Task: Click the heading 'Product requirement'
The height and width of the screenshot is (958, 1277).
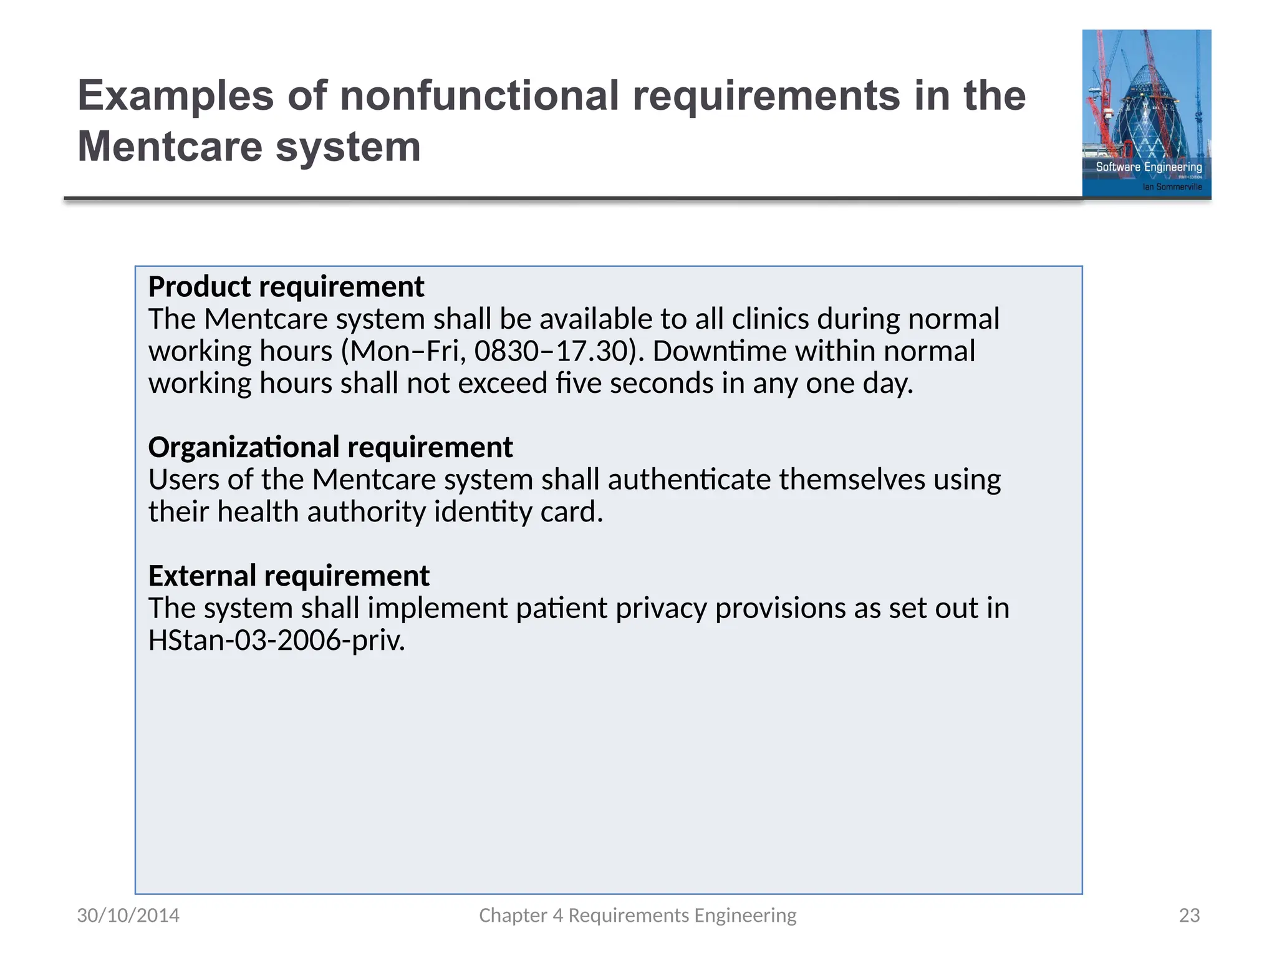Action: (x=286, y=287)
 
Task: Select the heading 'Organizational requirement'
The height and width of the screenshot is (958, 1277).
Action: (x=330, y=447)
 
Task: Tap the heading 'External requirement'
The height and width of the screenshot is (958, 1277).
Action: (x=289, y=576)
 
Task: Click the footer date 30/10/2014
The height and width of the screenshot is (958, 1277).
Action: (x=128, y=915)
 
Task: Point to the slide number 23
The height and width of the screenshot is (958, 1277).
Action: (x=1189, y=915)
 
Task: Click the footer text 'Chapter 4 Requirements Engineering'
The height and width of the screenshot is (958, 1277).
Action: (x=637, y=915)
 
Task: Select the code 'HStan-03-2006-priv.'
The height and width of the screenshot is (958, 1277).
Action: (x=277, y=640)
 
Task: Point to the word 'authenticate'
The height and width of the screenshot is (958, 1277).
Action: (x=689, y=480)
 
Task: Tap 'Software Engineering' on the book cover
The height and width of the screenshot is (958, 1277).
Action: (x=1149, y=167)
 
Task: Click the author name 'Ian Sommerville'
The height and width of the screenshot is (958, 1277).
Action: (x=1172, y=186)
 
